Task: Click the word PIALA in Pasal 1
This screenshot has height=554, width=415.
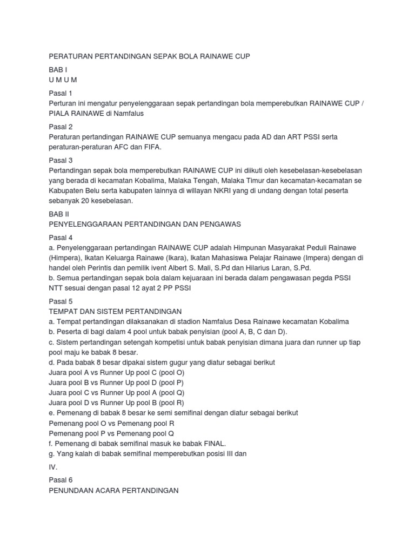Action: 60,114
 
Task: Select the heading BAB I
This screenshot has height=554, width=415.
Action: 58,70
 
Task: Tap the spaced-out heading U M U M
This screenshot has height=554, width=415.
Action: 63,80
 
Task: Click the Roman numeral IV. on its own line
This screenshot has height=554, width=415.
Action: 53,466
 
